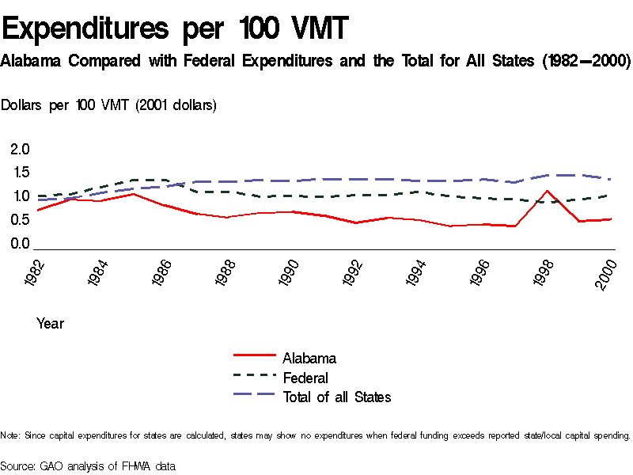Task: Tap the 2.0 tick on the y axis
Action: pyautogui.click(x=20, y=149)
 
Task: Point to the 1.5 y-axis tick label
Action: pyautogui.click(x=20, y=173)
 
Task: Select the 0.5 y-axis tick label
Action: pyautogui.click(x=20, y=220)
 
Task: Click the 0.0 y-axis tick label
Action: pyautogui.click(x=20, y=244)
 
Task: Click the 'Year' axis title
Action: pyautogui.click(x=50, y=323)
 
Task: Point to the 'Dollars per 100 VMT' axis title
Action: pyautogui.click(x=109, y=104)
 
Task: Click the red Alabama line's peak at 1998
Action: pyautogui.click(x=546, y=190)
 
